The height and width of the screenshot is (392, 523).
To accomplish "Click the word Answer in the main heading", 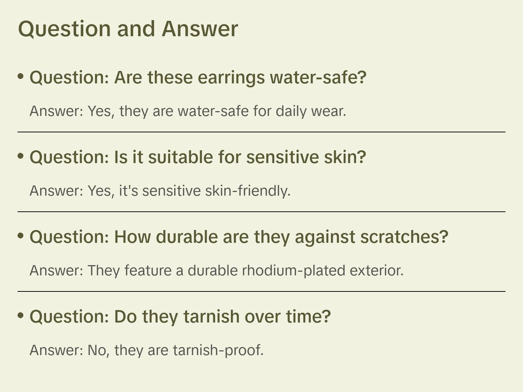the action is pos(200,29).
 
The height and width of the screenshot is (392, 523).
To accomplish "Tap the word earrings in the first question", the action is pos(231,78).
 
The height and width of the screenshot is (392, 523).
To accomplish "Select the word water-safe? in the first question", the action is pos(318,78).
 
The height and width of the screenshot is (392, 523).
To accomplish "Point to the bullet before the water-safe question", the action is pos(21,76).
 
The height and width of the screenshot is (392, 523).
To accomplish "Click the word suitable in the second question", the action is pos(181,157).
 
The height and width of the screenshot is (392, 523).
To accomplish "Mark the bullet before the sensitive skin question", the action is pos(21,156).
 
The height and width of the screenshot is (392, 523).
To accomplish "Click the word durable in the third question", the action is pos(187,237).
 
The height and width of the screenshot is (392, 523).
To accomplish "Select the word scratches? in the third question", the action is pos(404,237).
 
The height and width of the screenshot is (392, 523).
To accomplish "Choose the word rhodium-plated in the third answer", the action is pos(294,271).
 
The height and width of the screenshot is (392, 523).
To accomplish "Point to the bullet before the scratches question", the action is pos(21,236).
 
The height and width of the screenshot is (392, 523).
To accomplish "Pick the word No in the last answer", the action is pos(97,351).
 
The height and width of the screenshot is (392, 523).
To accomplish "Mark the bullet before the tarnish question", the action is pos(21,316).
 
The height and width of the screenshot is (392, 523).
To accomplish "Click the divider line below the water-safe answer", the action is pos(261,132).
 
